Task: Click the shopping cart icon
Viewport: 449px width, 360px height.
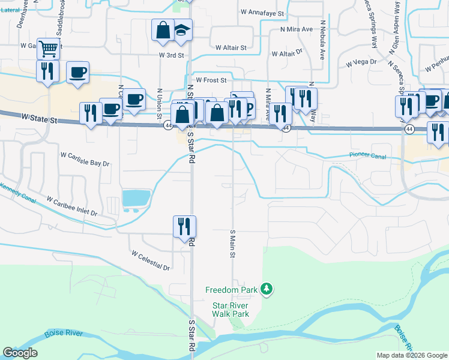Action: [48, 48]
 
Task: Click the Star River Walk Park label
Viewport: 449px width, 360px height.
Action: [231, 309]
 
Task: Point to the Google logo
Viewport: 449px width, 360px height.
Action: [20, 353]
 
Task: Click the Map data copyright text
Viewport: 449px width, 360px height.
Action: [412, 355]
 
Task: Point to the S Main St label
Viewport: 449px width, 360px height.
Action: [232, 243]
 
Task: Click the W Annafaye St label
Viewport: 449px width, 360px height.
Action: [262, 12]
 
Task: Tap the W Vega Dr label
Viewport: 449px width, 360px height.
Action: [361, 62]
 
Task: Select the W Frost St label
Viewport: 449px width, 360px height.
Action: [210, 79]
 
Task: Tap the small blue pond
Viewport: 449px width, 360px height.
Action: [136, 197]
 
